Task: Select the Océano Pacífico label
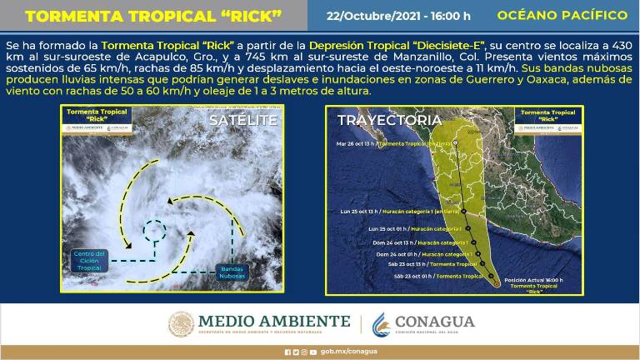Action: pyautogui.click(x=562, y=16)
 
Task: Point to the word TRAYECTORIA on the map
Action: pyautogui.click(x=389, y=121)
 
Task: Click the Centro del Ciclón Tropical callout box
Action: pyautogui.click(x=88, y=259)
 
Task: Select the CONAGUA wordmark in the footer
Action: pyautogui.click(x=434, y=322)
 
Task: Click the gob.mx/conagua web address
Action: pyautogui.click(x=337, y=352)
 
